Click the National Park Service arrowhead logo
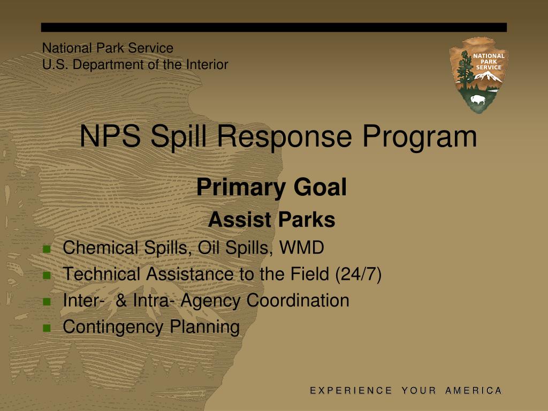478,75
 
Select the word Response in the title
286,136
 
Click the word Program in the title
419,136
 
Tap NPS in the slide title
110,136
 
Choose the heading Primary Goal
271,188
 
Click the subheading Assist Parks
271,220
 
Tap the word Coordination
298,301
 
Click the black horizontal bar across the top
274,27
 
